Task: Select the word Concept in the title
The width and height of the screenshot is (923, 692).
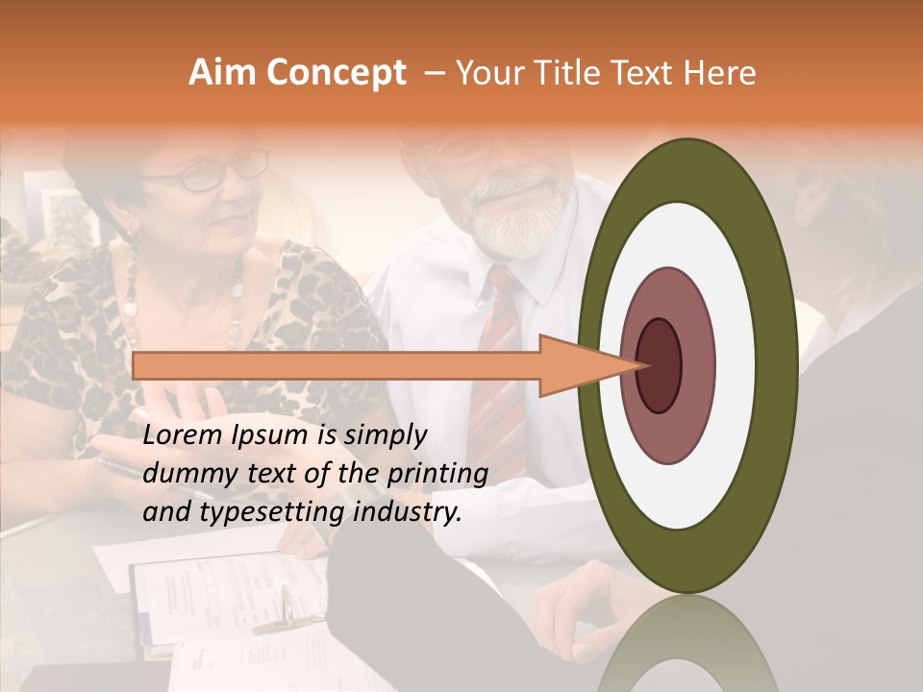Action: coord(335,73)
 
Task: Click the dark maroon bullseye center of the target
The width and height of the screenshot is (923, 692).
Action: coord(659,365)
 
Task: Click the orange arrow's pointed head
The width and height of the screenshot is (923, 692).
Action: coord(586,365)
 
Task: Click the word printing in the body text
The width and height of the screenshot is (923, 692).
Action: coord(439,474)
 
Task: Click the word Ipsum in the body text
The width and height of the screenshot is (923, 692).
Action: coord(271,435)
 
